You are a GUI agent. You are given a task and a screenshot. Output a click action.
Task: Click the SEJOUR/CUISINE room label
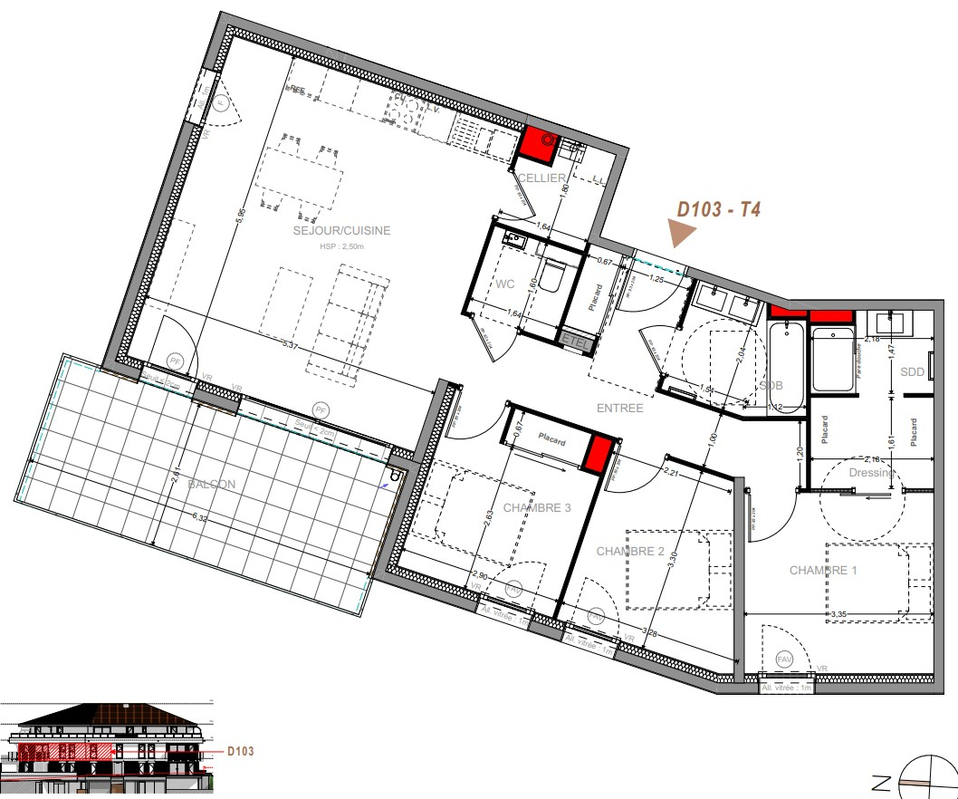(341, 231)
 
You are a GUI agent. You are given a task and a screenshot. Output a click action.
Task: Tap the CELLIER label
(541, 178)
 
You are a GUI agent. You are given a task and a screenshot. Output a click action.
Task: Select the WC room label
(505, 284)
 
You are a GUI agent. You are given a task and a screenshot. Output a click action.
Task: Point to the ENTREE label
(619, 409)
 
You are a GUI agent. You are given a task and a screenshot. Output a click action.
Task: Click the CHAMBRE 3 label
(537, 508)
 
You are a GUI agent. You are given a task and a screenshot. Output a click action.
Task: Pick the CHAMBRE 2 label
(631, 552)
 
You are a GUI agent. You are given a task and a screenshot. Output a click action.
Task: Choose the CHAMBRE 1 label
(823, 571)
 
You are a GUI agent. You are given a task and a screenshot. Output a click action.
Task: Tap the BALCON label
(211, 485)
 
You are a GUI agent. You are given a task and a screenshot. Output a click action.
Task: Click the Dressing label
(871, 473)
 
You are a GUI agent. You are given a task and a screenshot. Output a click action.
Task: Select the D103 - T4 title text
(719, 210)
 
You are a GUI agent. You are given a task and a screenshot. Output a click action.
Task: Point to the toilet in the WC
(551, 274)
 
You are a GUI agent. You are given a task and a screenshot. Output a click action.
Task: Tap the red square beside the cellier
(538, 141)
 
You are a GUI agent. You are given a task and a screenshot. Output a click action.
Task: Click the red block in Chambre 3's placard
(597, 452)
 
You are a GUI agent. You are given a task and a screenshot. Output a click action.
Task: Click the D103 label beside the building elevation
(240, 751)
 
